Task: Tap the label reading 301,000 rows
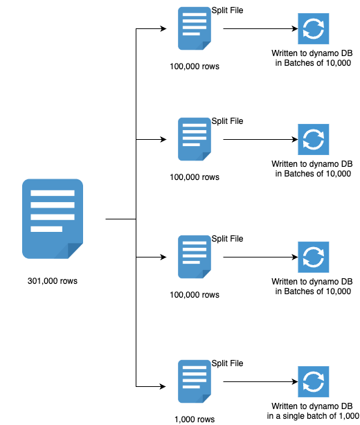[53, 282]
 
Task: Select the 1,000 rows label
[194, 419]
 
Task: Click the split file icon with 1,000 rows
[194, 381]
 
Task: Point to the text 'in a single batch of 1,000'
[313, 417]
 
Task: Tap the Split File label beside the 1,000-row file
[227, 363]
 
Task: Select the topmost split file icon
[194, 28]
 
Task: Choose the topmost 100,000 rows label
[194, 67]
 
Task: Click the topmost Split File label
[227, 10]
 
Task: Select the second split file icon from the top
[194, 139]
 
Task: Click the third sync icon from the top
[313, 257]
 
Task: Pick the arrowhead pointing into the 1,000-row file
[163, 386]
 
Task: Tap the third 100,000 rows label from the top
[194, 295]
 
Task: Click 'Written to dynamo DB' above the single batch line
[313, 406]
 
